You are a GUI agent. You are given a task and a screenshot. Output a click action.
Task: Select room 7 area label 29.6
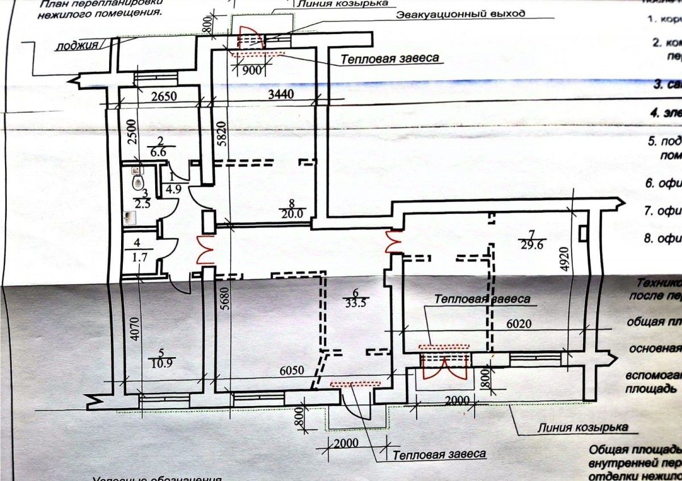(x=531, y=240)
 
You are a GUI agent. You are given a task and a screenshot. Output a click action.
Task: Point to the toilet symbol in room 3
(x=137, y=183)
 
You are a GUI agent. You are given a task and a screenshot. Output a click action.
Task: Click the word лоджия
(x=77, y=46)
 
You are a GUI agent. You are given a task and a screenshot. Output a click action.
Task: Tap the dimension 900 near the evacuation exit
(x=251, y=71)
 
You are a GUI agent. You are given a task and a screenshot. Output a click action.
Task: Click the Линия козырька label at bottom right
(x=583, y=427)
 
